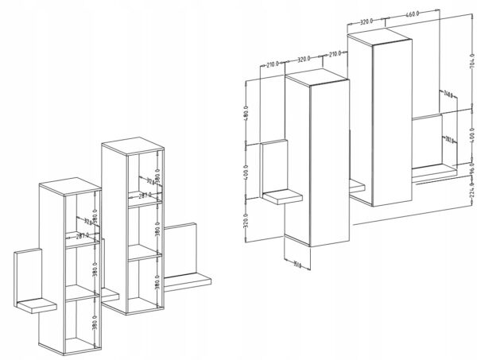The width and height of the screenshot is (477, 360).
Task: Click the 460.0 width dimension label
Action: tap(411, 14)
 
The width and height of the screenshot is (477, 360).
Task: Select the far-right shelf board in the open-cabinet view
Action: tap(188, 279)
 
